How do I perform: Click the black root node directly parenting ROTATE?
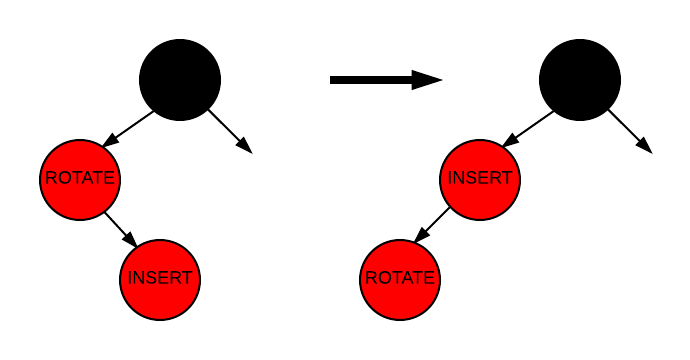(x=180, y=80)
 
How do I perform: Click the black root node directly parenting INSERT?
(x=580, y=80)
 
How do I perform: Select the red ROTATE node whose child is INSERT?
(x=81, y=179)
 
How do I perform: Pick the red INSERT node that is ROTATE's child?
(x=160, y=279)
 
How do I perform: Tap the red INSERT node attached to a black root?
(x=480, y=179)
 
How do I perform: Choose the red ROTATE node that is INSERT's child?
(x=400, y=279)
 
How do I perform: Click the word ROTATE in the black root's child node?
(x=81, y=179)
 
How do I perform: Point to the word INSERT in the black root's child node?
(x=480, y=179)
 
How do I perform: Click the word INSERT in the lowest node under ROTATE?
(x=160, y=279)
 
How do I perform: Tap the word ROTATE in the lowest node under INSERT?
(x=400, y=279)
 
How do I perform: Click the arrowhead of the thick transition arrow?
(x=428, y=80)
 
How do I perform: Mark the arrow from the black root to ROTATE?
(x=128, y=128)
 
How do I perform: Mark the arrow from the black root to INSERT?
(x=528, y=128)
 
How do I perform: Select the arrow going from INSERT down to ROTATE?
(x=432, y=224)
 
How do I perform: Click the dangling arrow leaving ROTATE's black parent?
(x=230, y=132)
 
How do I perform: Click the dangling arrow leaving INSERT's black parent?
(x=630, y=132)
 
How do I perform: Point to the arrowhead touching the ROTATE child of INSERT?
(x=421, y=236)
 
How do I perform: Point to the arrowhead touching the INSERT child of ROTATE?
(x=130, y=240)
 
